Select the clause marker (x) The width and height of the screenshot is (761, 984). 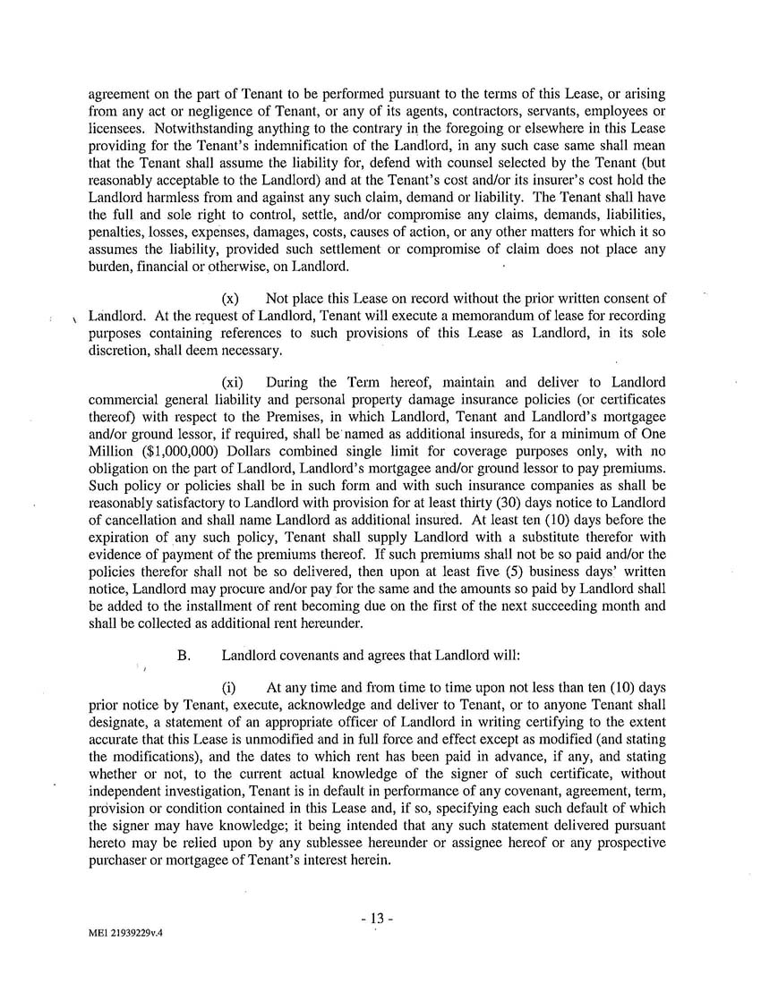(230, 298)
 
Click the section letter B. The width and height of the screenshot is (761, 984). (184, 655)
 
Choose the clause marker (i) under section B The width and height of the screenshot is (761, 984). (228, 688)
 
